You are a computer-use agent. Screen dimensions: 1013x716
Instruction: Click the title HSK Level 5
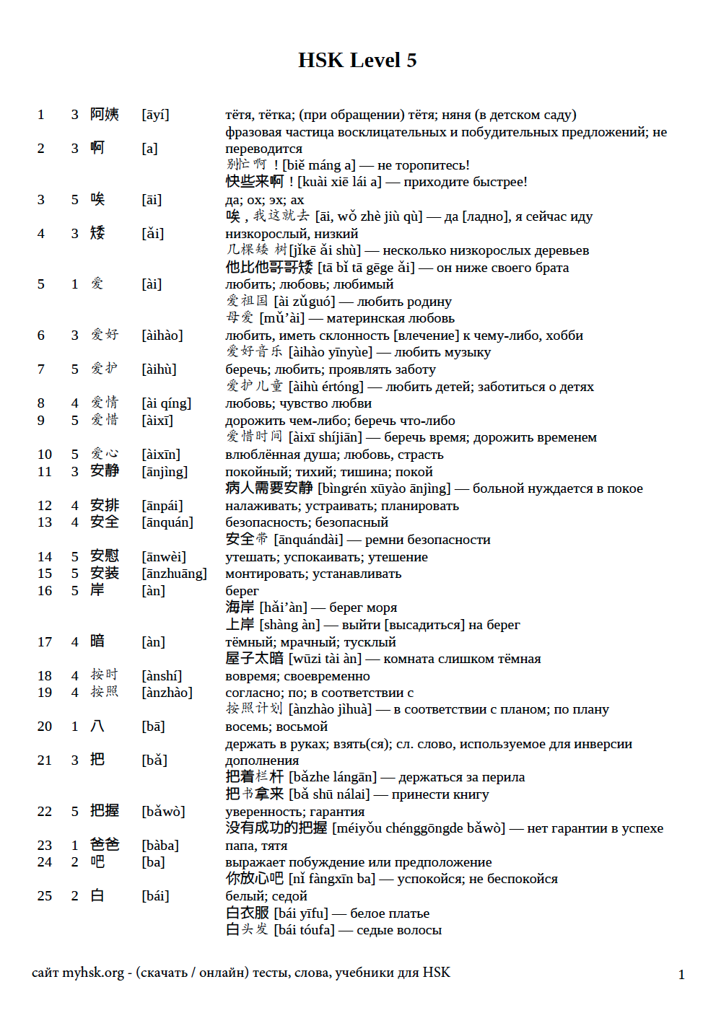coord(357,60)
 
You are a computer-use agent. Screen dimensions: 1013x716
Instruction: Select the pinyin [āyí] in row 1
coord(155,115)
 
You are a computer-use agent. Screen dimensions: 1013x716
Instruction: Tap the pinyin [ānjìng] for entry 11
coord(165,472)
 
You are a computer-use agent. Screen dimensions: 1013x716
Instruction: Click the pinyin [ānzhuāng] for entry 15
coord(174,574)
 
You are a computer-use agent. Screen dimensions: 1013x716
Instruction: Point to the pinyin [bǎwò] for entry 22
coord(163,812)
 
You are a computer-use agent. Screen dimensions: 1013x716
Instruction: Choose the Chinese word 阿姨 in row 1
coord(105,115)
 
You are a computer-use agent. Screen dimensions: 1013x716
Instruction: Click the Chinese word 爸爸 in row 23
coord(105,845)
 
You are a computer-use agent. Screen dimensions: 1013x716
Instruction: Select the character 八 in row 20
coord(97,727)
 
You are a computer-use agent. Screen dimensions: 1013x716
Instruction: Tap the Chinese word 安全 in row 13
coord(105,522)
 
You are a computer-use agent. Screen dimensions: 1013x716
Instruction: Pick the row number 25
coord(45,896)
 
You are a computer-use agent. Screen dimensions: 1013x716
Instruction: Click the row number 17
coord(45,642)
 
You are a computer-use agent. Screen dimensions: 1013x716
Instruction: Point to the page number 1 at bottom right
coord(681,975)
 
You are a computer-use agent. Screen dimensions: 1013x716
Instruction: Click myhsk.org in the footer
coord(92,973)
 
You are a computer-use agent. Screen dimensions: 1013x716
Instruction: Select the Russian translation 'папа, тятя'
coord(256,846)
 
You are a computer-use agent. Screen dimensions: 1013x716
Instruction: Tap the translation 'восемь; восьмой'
coord(276,727)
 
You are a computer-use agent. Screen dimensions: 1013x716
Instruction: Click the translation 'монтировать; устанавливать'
coord(313,574)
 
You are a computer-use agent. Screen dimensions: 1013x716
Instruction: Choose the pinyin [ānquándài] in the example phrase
coord(308,540)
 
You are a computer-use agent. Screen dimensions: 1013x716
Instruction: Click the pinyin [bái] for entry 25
coord(155,896)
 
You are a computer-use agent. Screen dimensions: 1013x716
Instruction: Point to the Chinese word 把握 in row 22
coord(105,811)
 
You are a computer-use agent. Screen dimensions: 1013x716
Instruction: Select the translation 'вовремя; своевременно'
coord(297,676)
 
